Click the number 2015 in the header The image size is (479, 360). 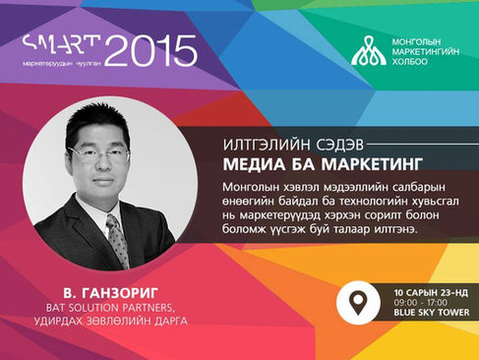point(150,51)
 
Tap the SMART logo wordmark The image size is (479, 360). point(62,44)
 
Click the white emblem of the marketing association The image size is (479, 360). point(369,50)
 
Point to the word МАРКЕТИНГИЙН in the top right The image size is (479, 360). point(426,51)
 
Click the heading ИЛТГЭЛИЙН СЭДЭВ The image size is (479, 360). point(293,145)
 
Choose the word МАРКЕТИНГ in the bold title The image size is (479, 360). point(371,164)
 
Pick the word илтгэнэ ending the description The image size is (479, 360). point(396,229)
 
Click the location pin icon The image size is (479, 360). point(358,302)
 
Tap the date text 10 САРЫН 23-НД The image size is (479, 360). point(431,293)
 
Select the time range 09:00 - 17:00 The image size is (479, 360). point(420,302)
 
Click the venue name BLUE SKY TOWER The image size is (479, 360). point(432,313)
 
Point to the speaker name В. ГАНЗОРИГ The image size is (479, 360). point(111,293)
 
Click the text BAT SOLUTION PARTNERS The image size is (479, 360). point(109,308)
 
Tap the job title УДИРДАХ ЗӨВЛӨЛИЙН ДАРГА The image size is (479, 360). point(111,321)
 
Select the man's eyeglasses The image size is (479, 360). point(100,154)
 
